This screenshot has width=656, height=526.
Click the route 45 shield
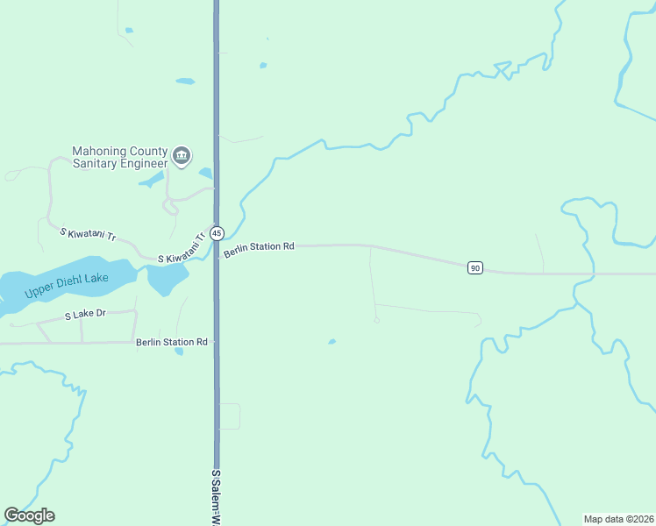tap(217, 233)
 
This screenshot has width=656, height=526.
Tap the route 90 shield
tap(474, 267)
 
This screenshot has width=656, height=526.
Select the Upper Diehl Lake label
tap(67, 285)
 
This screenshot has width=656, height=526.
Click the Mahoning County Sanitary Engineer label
tap(119, 157)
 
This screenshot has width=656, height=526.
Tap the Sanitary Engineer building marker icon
tap(182, 156)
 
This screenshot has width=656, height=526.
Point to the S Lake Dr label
tap(85, 313)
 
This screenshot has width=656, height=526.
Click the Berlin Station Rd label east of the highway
tap(258, 248)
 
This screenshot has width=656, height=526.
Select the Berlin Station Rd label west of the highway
tap(171, 342)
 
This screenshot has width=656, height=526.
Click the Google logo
tap(30, 515)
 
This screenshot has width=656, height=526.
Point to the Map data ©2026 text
tap(618, 519)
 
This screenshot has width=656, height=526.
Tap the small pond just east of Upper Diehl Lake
tap(168, 280)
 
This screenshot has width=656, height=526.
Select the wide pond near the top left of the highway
tap(185, 82)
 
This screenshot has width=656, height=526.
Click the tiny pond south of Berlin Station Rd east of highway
tap(332, 341)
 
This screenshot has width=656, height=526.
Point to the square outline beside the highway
tap(229, 416)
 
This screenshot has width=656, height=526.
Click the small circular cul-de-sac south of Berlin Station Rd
tap(376, 320)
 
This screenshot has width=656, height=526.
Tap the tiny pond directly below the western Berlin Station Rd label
tap(179, 352)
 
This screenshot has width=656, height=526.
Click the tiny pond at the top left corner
tap(129, 31)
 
